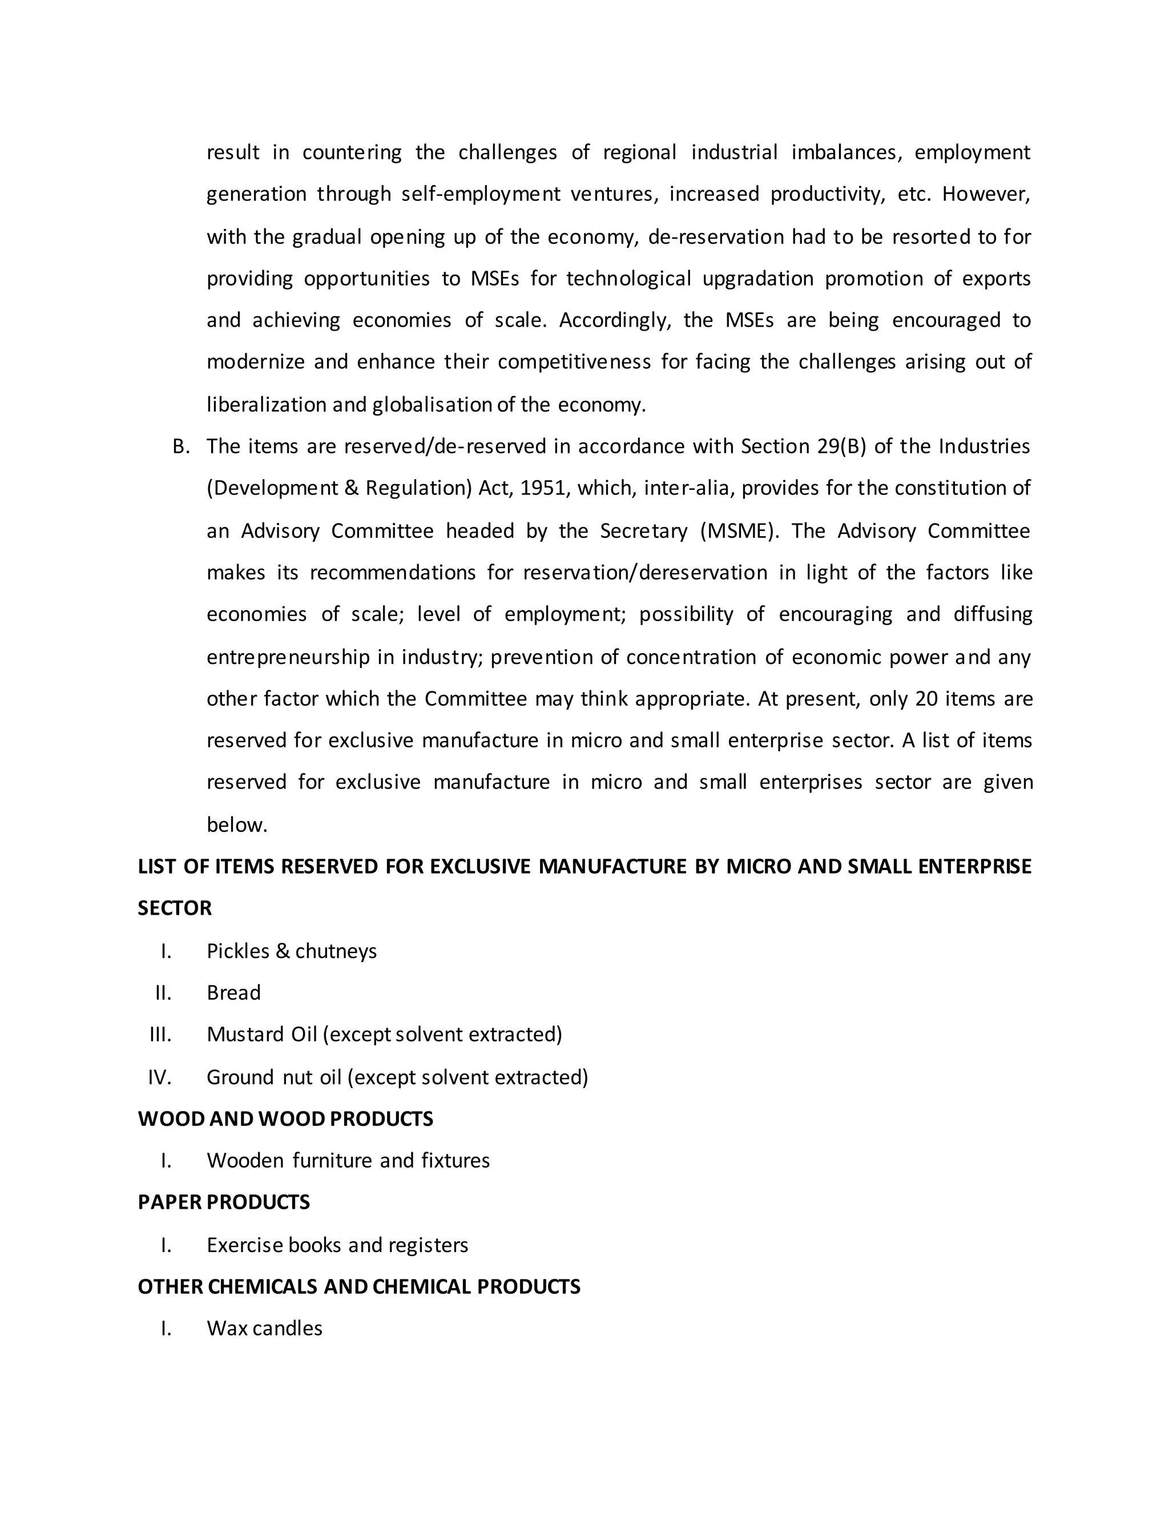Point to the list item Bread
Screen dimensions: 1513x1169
[x=233, y=993]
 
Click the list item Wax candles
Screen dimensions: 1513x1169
[x=264, y=1329]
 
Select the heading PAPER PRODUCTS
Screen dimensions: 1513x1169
[x=224, y=1202]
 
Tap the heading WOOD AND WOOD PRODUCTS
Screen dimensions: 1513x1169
[x=285, y=1119]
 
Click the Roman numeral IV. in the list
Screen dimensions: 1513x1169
[x=159, y=1078]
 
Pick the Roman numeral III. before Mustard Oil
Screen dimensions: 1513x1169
[x=160, y=1035]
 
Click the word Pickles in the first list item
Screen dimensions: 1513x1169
[x=237, y=952]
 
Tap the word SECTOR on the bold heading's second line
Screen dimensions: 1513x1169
[x=175, y=909]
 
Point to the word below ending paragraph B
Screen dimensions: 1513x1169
[x=236, y=825]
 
